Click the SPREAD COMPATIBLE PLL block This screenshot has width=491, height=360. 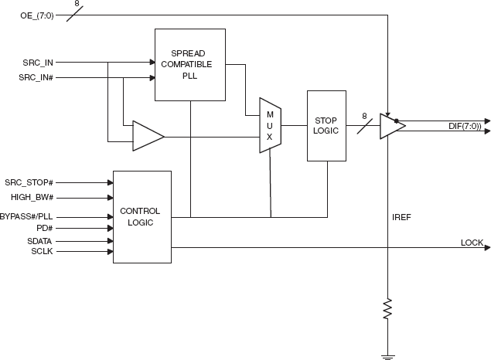click(190, 64)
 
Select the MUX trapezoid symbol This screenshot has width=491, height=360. click(270, 125)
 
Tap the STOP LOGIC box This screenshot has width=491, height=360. click(326, 126)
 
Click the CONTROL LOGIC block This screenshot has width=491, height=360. click(142, 216)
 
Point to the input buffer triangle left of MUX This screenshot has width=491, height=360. click(147, 136)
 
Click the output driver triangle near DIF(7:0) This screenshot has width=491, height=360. click(391, 127)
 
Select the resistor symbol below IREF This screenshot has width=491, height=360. click(387, 310)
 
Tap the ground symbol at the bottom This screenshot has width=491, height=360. click(387, 356)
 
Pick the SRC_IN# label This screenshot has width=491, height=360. click(36, 77)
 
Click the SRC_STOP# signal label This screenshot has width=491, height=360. click(29, 182)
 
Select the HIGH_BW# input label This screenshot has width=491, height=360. click(32, 197)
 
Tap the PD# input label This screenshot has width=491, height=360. click(43, 229)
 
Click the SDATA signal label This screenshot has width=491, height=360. click(40, 241)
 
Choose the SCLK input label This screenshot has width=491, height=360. click(42, 251)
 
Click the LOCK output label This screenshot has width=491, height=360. click(472, 243)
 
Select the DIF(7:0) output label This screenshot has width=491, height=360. click(465, 126)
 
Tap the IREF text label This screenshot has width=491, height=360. click(402, 218)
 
